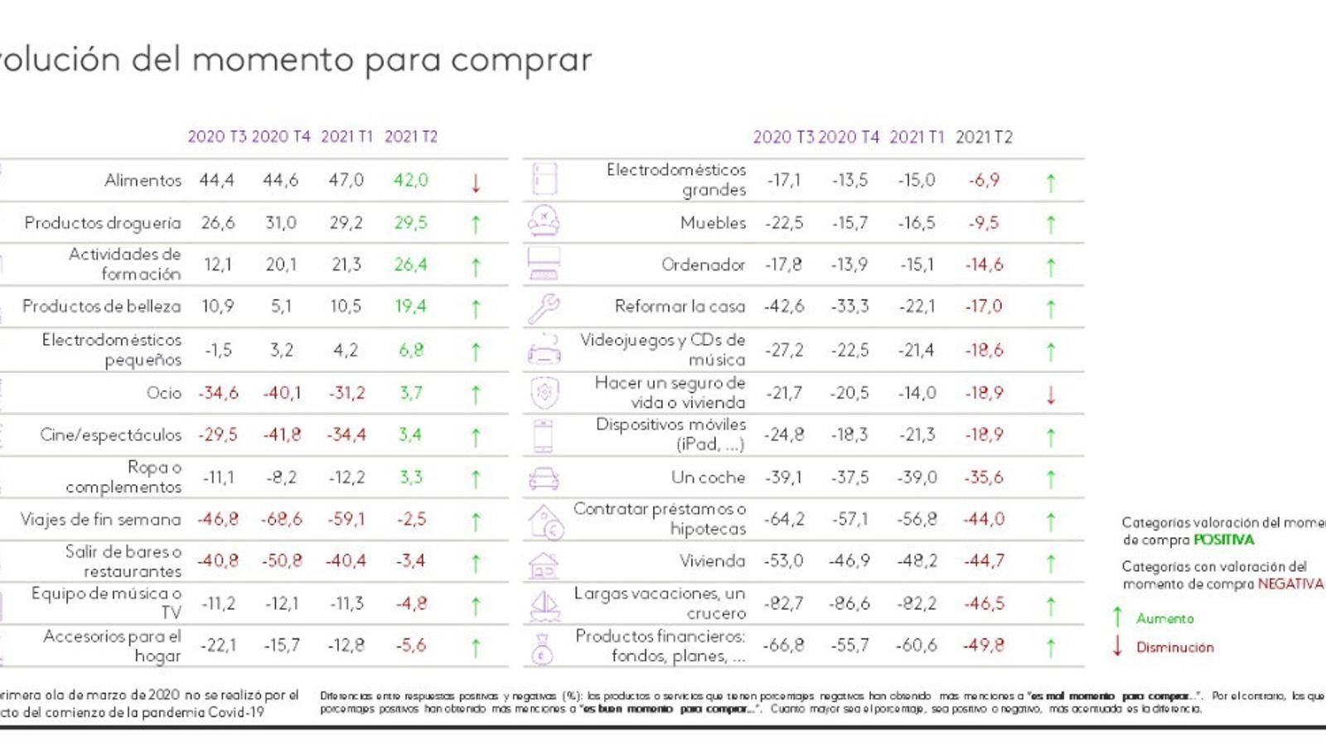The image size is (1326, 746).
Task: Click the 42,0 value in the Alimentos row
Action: pyautogui.click(x=411, y=181)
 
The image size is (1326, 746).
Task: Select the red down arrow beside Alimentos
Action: pyautogui.click(x=476, y=183)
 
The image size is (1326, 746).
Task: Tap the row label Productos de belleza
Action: pyautogui.click(x=101, y=307)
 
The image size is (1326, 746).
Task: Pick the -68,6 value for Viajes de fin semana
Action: pyautogui.click(x=282, y=520)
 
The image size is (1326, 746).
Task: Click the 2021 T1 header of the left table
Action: pyautogui.click(x=346, y=137)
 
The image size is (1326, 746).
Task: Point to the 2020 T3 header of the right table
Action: pyautogui.click(x=783, y=138)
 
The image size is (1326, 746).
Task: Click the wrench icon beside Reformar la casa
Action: pyautogui.click(x=544, y=308)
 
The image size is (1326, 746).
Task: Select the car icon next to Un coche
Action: pyautogui.click(x=544, y=478)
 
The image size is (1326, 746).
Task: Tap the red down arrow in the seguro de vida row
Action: pyautogui.click(x=1051, y=395)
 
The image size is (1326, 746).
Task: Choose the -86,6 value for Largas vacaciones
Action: pyautogui.click(x=849, y=603)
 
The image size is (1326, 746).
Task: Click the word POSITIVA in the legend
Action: pyautogui.click(x=1223, y=540)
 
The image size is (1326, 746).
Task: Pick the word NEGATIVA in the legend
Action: pyautogui.click(x=1290, y=584)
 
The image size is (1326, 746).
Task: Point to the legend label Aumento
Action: pyautogui.click(x=1164, y=618)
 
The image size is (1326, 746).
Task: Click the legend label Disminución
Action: pyautogui.click(x=1174, y=647)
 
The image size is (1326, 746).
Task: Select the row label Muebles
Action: pyautogui.click(x=713, y=223)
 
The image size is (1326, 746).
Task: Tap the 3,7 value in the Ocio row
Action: pyautogui.click(x=411, y=393)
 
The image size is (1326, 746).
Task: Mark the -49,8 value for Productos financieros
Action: pyautogui.click(x=984, y=646)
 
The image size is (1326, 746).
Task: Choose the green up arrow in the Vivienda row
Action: pyautogui.click(x=1051, y=564)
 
